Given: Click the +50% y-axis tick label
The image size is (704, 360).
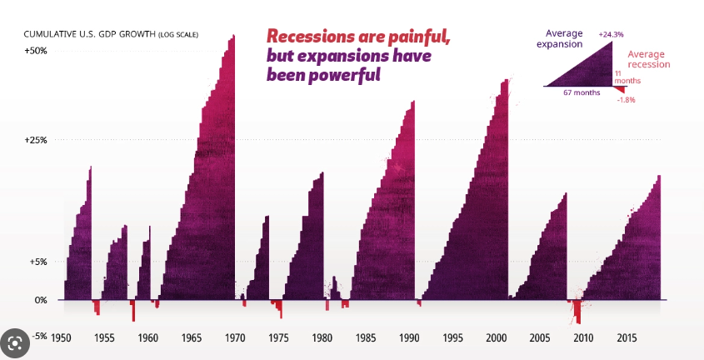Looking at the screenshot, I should pyautogui.click(x=35, y=51).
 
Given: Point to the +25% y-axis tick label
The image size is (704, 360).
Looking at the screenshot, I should pyautogui.click(x=35, y=140).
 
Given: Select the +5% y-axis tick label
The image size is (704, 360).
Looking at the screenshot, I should pyautogui.click(x=37, y=262).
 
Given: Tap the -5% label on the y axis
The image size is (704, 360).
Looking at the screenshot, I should pyautogui.click(x=38, y=337).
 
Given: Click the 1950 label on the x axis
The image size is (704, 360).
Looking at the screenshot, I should pyautogui.click(x=61, y=338).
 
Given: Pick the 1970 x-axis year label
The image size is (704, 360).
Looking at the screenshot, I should pyautogui.click(x=235, y=338).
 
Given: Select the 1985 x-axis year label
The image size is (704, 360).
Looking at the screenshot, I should pyautogui.click(x=366, y=338).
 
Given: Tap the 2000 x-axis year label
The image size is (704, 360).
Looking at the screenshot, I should pyautogui.click(x=497, y=338).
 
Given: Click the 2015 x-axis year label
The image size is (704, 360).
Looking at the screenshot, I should pyautogui.click(x=627, y=338).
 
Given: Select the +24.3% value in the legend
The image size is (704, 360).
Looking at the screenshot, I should pyautogui.click(x=611, y=34).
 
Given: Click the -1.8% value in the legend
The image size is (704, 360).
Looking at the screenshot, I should pyautogui.click(x=626, y=100).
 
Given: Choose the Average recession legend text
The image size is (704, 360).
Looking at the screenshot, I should pyautogui.click(x=647, y=59).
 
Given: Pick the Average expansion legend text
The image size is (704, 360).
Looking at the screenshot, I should pyautogui.click(x=558, y=39).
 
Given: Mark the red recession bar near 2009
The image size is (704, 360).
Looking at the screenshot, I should pyautogui.click(x=577, y=312).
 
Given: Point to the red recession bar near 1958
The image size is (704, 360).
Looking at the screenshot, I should pyautogui.click(x=132, y=310).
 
